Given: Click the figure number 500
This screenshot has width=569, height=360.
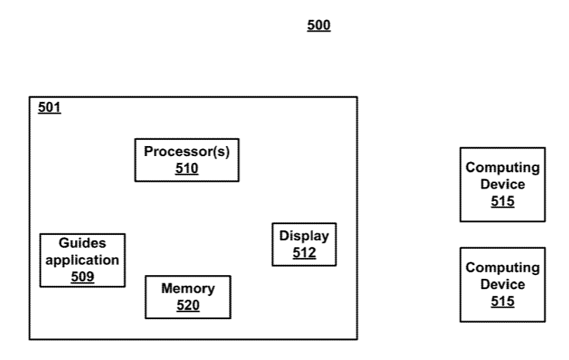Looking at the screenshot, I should pyautogui.click(x=319, y=26).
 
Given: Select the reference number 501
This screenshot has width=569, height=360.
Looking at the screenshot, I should pyautogui.click(x=49, y=107).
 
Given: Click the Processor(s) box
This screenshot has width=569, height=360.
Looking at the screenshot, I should pyautogui.click(x=186, y=160).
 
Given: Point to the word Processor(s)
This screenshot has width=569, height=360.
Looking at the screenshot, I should pyautogui.click(x=186, y=151).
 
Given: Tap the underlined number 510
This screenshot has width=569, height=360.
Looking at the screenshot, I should pyautogui.click(x=186, y=168).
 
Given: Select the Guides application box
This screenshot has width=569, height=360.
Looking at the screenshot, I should pyautogui.click(x=82, y=260).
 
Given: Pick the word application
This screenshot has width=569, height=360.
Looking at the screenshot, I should pyautogui.click(x=82, y=260).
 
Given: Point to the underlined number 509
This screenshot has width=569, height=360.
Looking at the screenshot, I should pyautogui.click(x=82, y=276).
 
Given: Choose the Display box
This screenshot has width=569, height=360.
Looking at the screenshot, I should pyautogui.click(x=304, y=244).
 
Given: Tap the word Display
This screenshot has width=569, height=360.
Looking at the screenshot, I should pyautogui.click(x=304, y=236).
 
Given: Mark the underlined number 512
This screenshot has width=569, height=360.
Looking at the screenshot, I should pyautogui.click(x=304, y=253).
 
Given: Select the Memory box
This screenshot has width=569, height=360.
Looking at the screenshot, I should pyautogui.click(x=188, y=297).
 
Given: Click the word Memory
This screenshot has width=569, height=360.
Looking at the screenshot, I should pyautogui.click(x=188, y=289).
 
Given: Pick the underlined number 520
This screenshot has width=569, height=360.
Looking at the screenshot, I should pyautogui.click(x=188, y=305).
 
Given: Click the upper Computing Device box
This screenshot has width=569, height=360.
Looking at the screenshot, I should pyautogui.click(x=502, y=185).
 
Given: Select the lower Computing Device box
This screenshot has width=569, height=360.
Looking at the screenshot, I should pyautogui.click(x=502, y=284).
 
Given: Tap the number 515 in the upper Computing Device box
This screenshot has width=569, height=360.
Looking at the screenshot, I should pyautogui.click(x=502, y=202).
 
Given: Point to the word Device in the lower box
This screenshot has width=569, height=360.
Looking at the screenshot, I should pyautogui.click(x=502, y=284).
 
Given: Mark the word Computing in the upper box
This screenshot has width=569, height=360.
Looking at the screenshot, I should pyautogui.click(x=502, y=168).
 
